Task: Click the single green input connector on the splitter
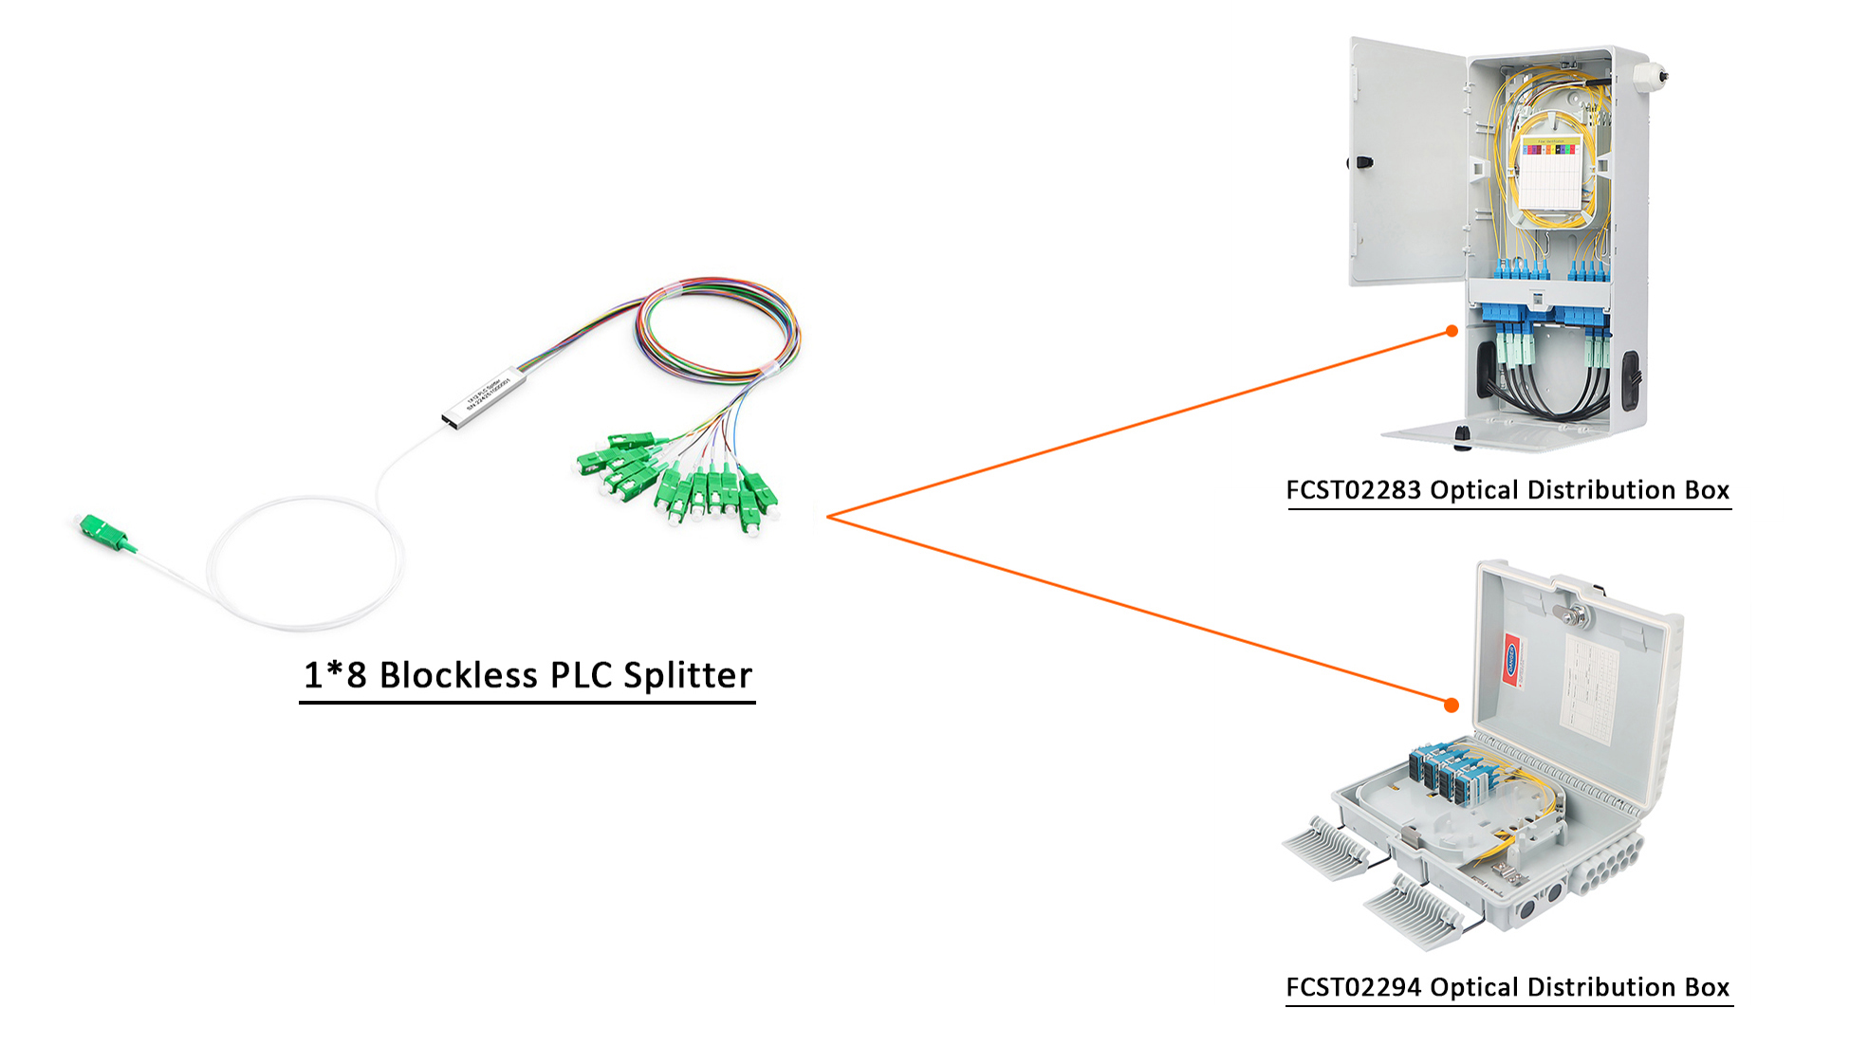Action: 104,532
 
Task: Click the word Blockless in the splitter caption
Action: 458,675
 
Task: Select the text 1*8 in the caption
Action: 334,675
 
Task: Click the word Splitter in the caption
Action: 687,675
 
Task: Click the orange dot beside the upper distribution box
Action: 1452,331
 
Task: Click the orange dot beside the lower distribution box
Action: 1451,705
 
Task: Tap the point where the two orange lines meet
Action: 828,517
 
